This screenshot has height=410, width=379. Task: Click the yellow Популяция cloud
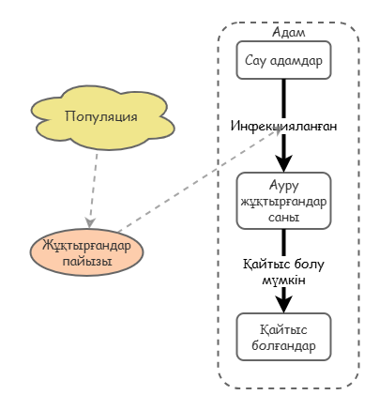pyautogui.click(x=102, y=117)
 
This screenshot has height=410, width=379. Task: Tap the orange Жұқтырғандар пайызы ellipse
pyautogui.click(x=86, y=252)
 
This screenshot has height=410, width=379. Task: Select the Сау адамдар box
pyautogui.click(x=283, y=60)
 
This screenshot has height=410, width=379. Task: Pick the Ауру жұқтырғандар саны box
pyautogui.click(x=283, y=201)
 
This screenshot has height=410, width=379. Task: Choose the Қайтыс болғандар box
pyautogui.click(x=283, y=337)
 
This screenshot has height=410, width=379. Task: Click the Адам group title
pyautogui.click(x=288, y=32)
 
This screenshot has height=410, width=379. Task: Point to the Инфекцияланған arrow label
pyautogui.click(x=283, y=126)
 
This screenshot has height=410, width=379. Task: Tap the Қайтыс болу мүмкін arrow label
pyautogui.click(x=283, y=272)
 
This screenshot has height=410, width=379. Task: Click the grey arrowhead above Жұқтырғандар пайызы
pyautogui.click(x=90, y=222)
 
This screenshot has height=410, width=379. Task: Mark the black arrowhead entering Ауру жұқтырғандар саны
pyautogui.click(x=283, y=163)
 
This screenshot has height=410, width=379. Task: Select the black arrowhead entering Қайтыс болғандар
pyautogui.click(x=283, y=304)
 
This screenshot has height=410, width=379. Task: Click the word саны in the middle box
pyautogui.click(x=283, y=218)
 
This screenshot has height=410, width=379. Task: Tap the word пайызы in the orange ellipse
pyautogui.click(x=87, y=261)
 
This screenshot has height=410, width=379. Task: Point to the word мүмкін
pyautogui.click(x=283, y=281)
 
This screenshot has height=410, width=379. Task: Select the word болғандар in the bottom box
pyautogui.click(x=283, y=345)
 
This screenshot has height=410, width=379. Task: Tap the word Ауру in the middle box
pyautogui.click(x=283, y=186)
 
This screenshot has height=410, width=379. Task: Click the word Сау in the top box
pyautogui.click(x=255, y=60)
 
